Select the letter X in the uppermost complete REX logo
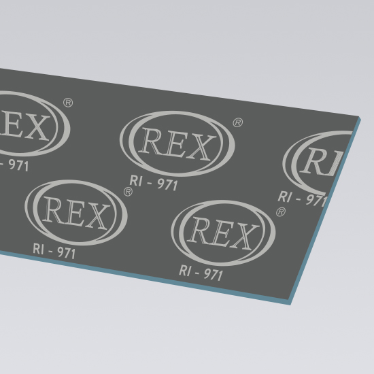[x=201, y=148]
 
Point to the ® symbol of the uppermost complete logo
[x=237, y=122]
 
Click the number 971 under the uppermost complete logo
[x=167, y=184]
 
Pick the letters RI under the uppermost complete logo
[x=136, y=181]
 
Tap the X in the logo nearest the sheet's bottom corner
[x=245, y=237]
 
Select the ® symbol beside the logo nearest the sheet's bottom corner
[x=281, y=212]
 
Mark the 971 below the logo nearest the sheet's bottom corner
[x=213, y=274]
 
